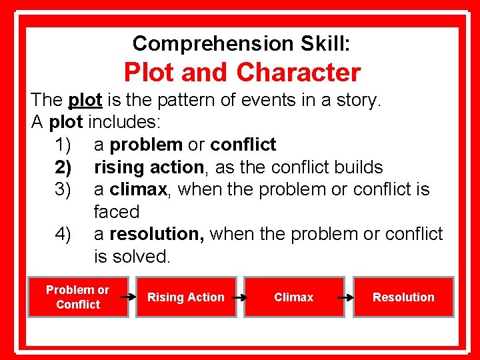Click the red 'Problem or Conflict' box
pos(78,297)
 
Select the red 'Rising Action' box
pos(186,297)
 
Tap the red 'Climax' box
pos(293,297)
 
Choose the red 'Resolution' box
pos(403,297)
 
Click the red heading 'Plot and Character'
pos(242,72)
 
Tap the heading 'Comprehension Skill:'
pos(241,44)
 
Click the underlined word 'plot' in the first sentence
pos(85,101)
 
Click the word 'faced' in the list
pos(117,213)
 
